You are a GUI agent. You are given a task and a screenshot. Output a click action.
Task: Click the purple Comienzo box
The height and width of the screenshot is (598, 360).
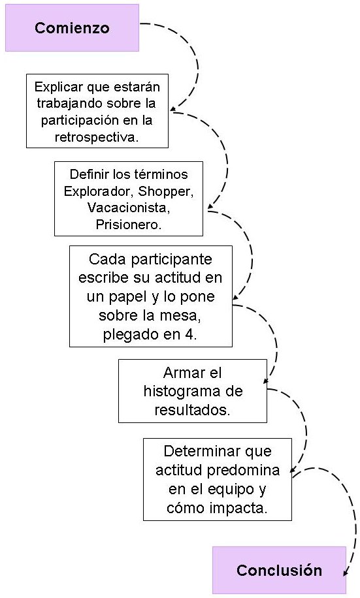tap(72, 28)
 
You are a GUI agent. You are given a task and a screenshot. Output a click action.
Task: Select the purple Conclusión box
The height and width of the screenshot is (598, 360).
tap(279, 570)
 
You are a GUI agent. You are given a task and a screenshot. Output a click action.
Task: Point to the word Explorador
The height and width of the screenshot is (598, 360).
tap(94, 191)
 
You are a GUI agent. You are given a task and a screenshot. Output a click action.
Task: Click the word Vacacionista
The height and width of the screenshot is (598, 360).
tap(128, 208)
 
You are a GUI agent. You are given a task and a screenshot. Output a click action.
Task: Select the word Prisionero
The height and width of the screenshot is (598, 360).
tap(128, 224)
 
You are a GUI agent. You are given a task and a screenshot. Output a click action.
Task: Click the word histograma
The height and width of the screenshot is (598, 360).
tap(193, 392)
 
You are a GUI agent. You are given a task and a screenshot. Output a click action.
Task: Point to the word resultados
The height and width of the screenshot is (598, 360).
tap(192, 410)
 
